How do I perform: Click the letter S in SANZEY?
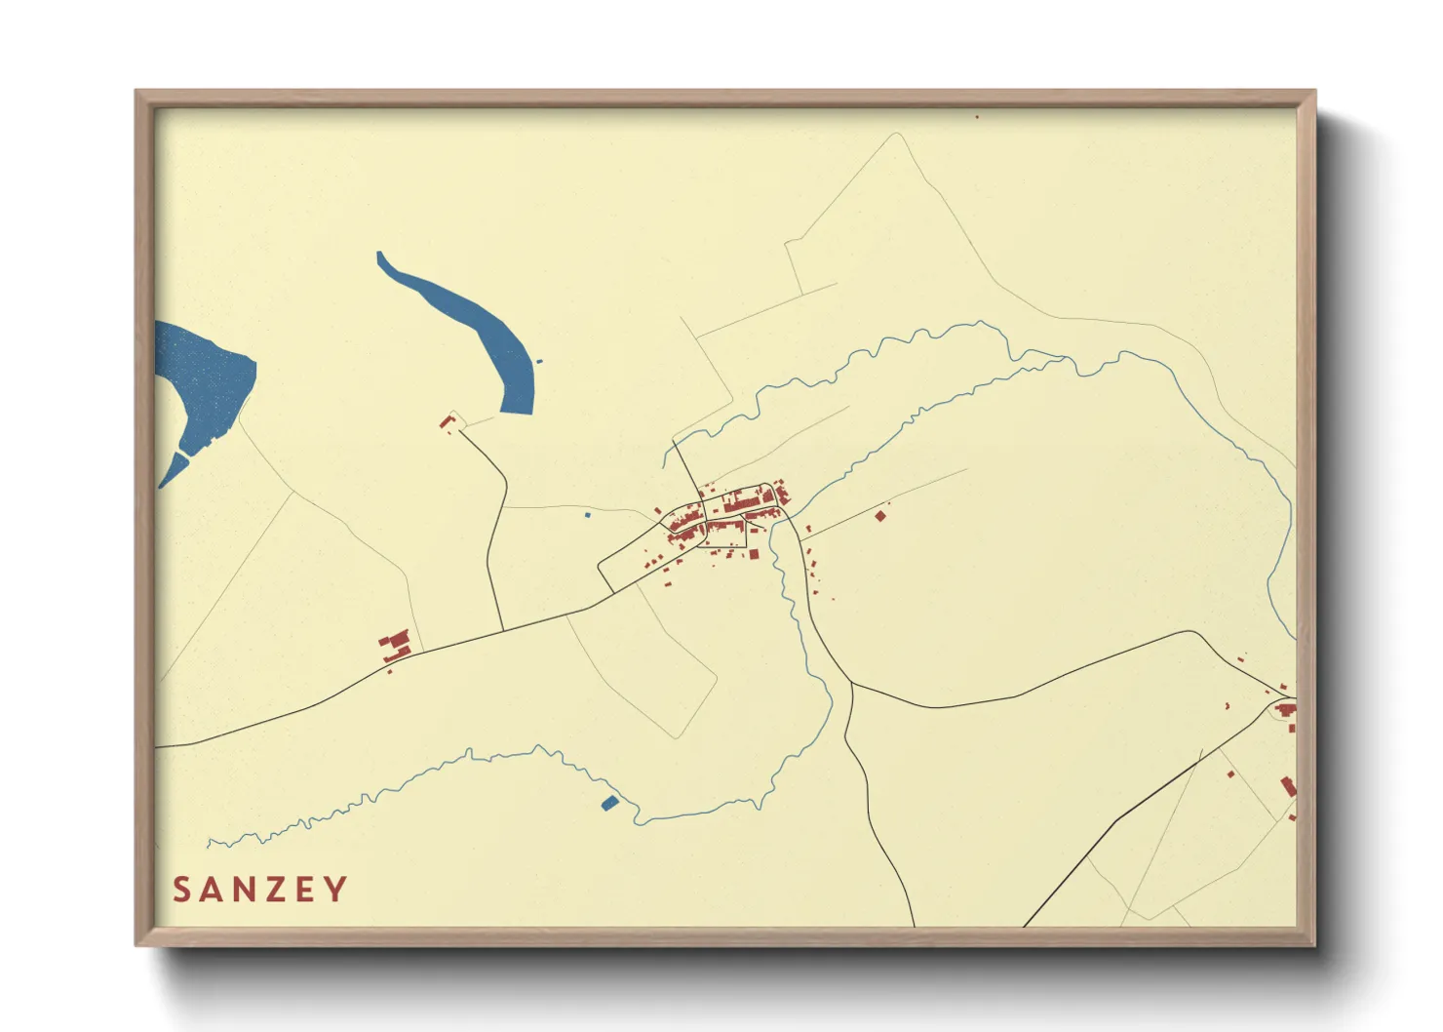[181, 890]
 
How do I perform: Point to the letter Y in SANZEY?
[336, 890]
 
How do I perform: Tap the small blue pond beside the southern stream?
[609, 803]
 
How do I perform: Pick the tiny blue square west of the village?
[587, 514]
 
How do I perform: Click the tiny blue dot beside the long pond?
[539, 362]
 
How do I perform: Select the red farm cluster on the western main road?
[395, 647]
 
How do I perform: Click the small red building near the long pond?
[447, 421]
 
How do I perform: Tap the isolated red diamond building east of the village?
[880, 515]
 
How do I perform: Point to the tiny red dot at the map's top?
[977, 116]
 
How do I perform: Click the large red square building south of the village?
[753, 554]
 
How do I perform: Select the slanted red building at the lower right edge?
[1288, 786]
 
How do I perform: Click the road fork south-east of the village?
[851, 683]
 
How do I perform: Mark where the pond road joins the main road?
[502, 630]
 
